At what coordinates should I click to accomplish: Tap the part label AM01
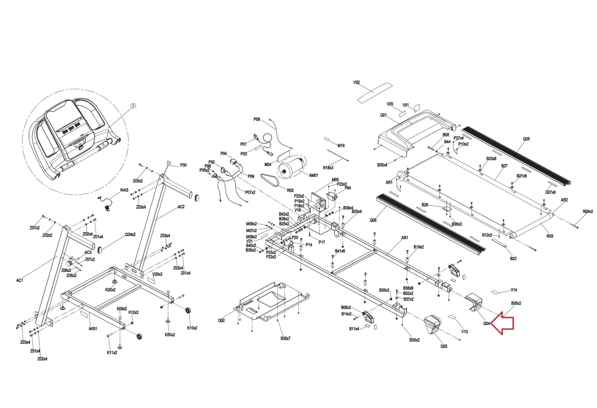coord(313,175)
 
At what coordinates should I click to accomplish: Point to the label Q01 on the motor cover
coord(383,115)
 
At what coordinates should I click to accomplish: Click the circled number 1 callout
coord(133,106)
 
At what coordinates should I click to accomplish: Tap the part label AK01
coord(93,329)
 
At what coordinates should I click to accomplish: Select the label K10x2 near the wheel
coord(192,328)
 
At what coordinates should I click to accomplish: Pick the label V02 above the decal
coord(357,82)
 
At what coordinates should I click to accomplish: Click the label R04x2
coord(588,212)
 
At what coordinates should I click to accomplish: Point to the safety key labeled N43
coord(107,208)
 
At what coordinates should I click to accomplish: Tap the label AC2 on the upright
coord(181,207)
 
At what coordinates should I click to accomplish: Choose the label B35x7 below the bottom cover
coord(285,338)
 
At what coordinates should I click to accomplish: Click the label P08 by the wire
coord(257,119)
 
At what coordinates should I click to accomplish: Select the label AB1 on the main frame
coord(405,238)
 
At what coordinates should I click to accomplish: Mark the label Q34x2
coord(130,235)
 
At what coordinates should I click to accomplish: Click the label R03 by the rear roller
coord(549,236)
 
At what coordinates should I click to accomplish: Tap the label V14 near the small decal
coord(514,290)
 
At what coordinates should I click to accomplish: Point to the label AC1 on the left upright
coord(20,280)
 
